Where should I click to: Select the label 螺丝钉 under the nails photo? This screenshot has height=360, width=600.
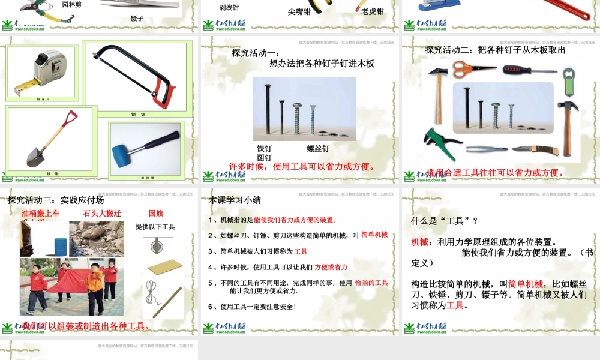click(318, 148)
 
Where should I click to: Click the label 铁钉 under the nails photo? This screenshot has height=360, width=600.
click(264, 148)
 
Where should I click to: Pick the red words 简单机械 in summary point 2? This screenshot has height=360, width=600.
click(374, 235)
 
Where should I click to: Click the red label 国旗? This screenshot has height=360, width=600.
click(156, 213)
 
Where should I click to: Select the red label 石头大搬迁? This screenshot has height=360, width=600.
click(102, 213)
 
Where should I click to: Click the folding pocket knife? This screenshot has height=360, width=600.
click(535, 150)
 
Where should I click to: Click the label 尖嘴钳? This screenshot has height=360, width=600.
click(299, 11)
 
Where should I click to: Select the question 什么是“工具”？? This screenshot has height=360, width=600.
click(444, 220)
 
